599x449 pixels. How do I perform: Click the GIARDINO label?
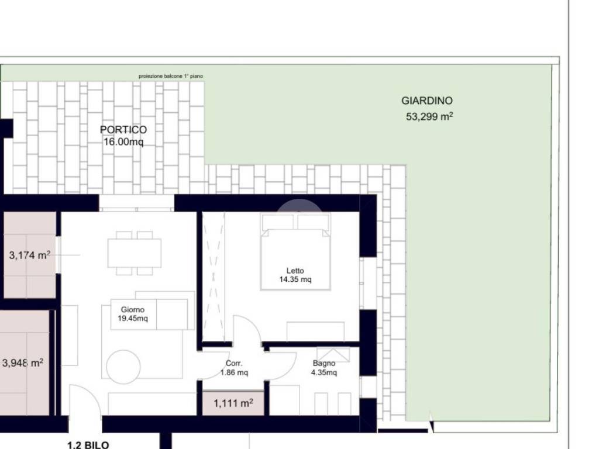pos(426,101)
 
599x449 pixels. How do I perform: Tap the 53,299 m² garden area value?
pos(429,116)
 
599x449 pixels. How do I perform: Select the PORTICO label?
pos(123,130)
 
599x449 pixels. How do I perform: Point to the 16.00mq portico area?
pos(123,142)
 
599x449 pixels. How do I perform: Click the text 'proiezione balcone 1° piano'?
pos(171,77)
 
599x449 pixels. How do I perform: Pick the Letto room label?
pos(295,271)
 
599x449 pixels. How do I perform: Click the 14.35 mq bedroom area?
pos(295,279)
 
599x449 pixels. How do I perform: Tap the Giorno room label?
pos(133,310)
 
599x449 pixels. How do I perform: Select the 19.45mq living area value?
pos(133,319)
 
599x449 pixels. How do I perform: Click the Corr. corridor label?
pos(234,364)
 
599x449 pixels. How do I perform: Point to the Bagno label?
pos(324,364)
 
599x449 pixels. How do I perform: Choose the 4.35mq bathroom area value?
pos(324,372)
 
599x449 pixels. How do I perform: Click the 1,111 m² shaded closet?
pos(233,403)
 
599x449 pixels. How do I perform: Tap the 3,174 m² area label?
pos(30,255)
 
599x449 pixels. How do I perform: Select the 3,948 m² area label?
pos(23,362)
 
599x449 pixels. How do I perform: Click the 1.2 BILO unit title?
pos(88,445)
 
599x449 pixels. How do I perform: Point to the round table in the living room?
pos(123,367)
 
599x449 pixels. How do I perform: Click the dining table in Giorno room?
pos(135,253)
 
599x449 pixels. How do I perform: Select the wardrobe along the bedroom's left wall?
pos(213,277)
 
